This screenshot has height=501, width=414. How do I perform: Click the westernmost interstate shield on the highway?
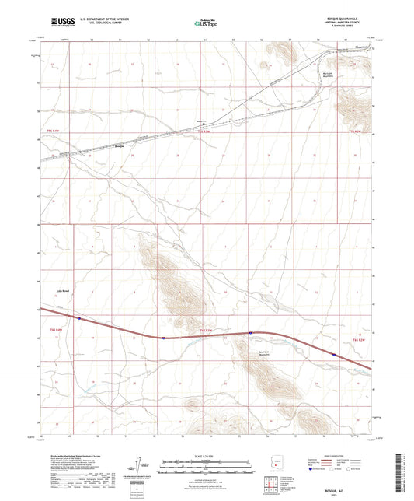[78, 317]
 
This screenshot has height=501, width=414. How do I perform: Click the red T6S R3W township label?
[205, 332]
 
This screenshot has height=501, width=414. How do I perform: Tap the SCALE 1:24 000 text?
[206, 455]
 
